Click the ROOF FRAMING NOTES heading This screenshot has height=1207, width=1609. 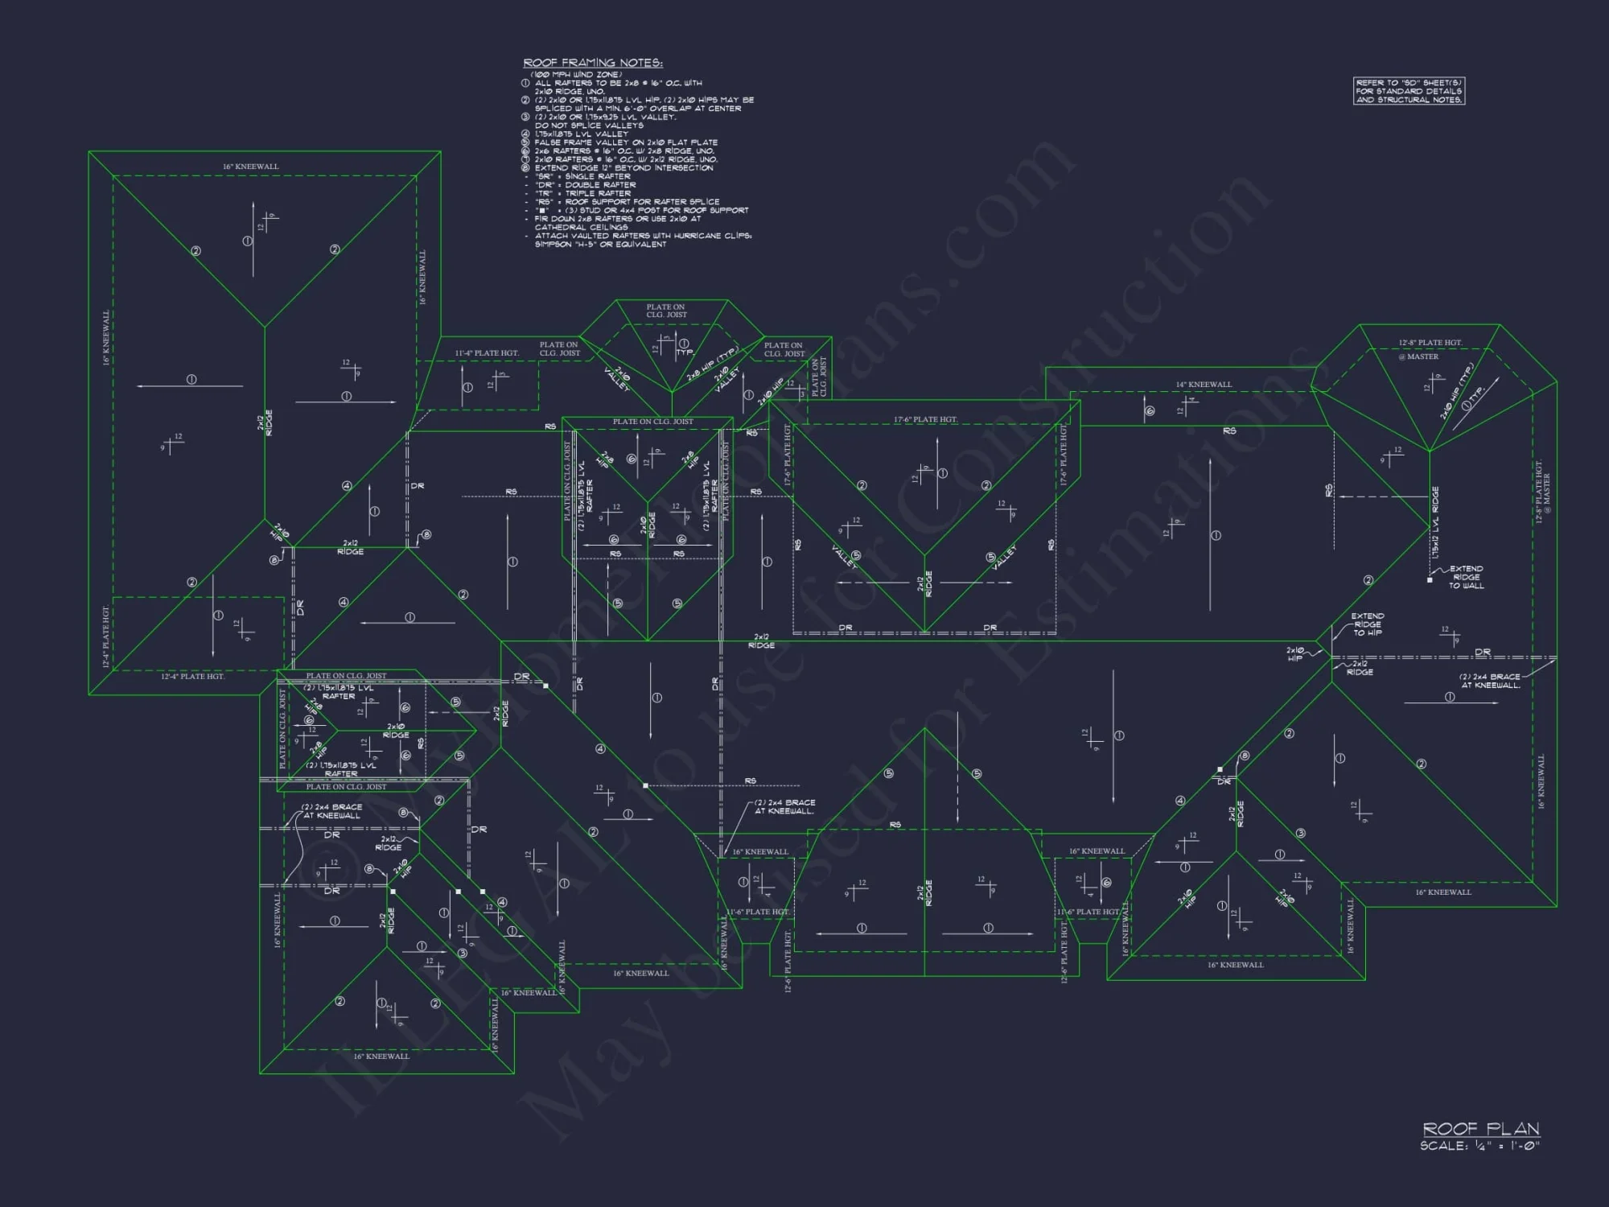(x=593, y=63)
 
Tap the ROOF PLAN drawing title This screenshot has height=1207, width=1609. (x=1480, y=1129)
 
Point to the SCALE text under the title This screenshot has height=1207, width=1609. (x=1479, y=1146)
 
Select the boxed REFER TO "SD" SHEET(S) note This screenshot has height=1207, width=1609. (x=1409, y=91)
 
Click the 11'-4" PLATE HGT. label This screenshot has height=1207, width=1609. (x=487, y=353)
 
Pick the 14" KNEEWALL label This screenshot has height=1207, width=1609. (x=1204, y=385)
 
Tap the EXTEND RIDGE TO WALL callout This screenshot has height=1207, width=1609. (x=1466, y=577)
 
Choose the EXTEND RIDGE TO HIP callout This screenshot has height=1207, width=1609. (x=1368, y=624)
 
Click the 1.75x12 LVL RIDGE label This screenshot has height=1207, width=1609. (x=1435, y=523)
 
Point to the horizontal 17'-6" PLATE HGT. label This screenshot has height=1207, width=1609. (x=925, y=420)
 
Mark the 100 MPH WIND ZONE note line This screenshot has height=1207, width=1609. (x=576, y=75)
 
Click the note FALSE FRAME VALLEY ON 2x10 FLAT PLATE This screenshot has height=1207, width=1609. (x=626, y=142)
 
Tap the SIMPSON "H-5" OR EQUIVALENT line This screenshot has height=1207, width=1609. (x=600, y=245)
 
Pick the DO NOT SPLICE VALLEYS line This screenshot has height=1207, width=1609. (x=589, y=126)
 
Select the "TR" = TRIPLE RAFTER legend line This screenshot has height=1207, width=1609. (x=582, y=193)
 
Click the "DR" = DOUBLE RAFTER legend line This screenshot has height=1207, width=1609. (x=585, y=185)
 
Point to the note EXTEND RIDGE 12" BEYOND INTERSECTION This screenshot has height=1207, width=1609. (x=623, y=168)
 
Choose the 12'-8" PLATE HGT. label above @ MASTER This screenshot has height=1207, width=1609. (x=1430, y=343)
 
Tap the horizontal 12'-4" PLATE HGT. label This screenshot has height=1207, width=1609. (x=192, y=677)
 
